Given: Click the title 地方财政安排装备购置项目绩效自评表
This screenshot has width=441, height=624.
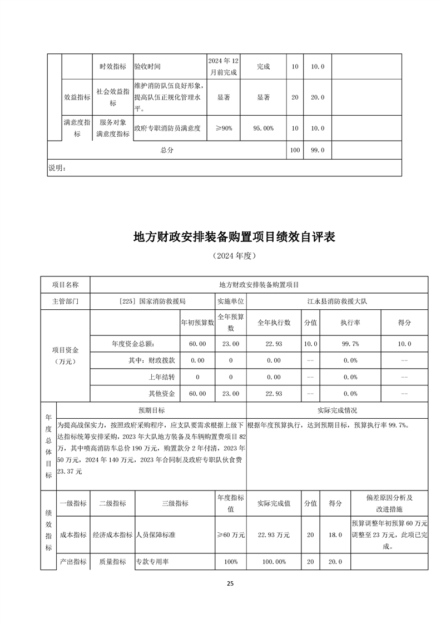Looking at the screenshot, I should coord(234,237).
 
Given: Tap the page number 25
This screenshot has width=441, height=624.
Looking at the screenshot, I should coord(230,583).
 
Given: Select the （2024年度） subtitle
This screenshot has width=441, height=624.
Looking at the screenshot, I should coord(234,256).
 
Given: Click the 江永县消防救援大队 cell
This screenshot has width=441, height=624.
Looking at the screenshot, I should coord(337,300).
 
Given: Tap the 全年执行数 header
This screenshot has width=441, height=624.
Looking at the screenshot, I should coord(274,323).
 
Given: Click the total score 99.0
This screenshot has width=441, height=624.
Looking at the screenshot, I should coord(318,150).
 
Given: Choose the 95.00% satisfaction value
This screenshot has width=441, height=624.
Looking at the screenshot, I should coord(264,128).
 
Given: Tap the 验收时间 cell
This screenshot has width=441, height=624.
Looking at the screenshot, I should coord(147,66).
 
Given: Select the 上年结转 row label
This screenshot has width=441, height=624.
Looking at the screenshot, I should coord(163,377).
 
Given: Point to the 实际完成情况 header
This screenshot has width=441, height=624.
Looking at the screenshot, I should coord(337,410).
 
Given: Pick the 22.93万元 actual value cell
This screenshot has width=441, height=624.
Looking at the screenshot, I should coord(274,535).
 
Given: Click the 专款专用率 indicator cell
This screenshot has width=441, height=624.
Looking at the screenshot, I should coord(153,562).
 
